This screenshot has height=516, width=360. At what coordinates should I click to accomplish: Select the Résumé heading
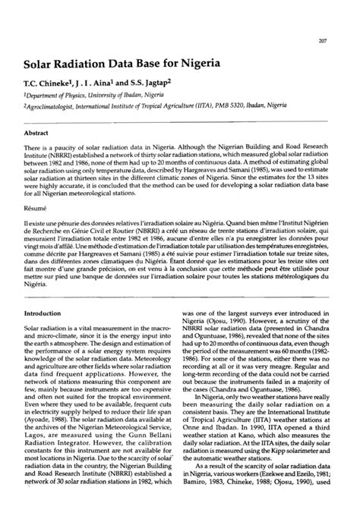coord(37,206)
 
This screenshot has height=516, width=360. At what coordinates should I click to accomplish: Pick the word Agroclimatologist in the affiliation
coord(57,109)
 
